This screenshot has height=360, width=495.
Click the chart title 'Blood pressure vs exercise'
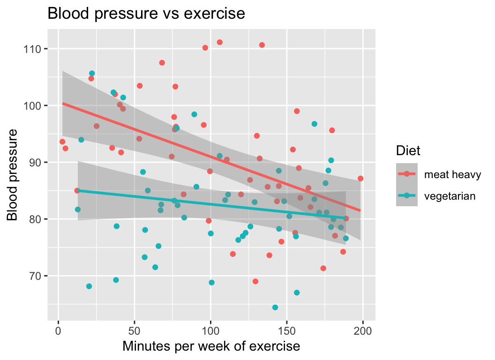(x=146, y=14)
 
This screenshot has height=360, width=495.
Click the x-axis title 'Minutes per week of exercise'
(x=211, y=346)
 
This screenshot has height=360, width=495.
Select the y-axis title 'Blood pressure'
(x=13, y=174)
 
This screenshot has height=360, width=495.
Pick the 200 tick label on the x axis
(x=363, y=330)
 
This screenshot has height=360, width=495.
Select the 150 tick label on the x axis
(x=287, y=330)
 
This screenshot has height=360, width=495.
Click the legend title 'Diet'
(x=408, y=150)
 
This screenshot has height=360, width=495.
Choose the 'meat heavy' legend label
(x=452, y=174)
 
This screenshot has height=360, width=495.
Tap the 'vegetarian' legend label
(x=450, y=196)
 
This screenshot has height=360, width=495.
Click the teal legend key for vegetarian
(x=407, y=196)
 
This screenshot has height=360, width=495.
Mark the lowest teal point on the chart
(x=275, y=307)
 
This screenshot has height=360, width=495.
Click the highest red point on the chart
(x=219, y=42)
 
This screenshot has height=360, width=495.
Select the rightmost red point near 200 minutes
(x=360, y=178)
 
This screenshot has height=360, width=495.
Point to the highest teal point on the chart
(x=92, y=74)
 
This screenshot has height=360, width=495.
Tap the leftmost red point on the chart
(x=62, y=142)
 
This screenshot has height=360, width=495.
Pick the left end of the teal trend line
(x=78, y=190)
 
